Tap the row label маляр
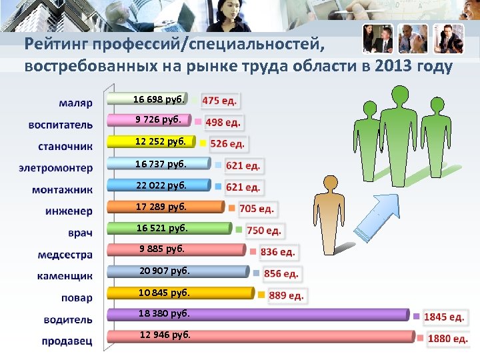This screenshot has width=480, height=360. coord(75,103)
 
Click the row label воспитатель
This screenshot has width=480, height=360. coord(61,124)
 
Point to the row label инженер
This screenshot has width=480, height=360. coord(69,211)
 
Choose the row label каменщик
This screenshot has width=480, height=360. coord(65,275)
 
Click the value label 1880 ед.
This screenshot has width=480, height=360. coord(447,339)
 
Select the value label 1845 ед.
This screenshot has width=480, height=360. coord(444,317)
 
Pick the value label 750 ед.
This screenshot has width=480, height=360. coord(265,231)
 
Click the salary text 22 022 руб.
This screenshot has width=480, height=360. coord(161,185)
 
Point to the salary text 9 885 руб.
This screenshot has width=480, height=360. coord(161,249)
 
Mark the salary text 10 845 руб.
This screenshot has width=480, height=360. coord(164,292)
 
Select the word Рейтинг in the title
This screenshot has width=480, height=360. coord(57,45)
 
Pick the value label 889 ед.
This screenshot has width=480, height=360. coord(286,295)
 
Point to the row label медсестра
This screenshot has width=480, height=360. coord(65,254)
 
